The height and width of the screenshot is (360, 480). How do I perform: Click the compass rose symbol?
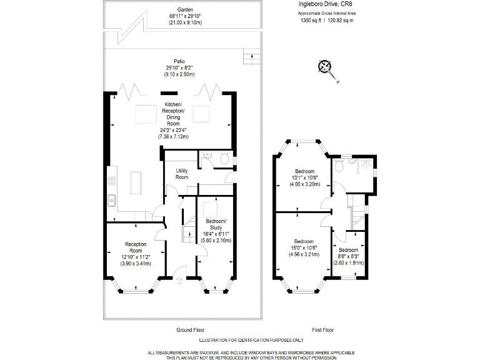(324, 67)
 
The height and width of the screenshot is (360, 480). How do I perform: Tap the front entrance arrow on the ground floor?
(181, 271)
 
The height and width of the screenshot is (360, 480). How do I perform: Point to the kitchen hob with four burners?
(112, 182)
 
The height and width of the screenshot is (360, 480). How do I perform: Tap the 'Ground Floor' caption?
(190, 329)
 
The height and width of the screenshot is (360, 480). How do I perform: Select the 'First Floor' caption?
(322, 329)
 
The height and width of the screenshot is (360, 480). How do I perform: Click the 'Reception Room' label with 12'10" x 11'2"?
(136, 253)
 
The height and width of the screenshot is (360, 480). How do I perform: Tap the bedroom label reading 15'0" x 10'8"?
(304, 247)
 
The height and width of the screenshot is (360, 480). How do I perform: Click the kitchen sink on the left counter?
(111, 200)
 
